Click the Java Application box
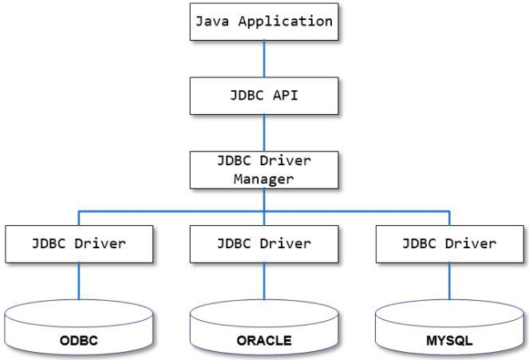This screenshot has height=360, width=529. click(x=264, y=22)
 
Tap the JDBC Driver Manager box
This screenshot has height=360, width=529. click(x=264, y=168)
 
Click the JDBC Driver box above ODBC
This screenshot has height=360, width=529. click(x=78, y=244)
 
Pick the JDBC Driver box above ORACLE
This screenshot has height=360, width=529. click(x=264, y=244)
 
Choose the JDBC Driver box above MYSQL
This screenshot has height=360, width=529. click(x=449, y=244)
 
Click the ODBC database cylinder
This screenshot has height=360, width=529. click(x=78, y=330)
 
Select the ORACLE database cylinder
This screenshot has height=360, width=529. click(x=264, y=330)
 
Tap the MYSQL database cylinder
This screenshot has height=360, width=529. click(x=449, y=330)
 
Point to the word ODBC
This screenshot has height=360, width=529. click(x=78, y=342)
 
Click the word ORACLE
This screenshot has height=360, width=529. click(x=264, y=342)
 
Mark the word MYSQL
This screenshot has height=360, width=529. click(x=449, y=342)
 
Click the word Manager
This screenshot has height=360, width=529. click(x=264, y=178)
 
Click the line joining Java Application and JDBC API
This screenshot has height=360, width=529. click(x=264, y=58)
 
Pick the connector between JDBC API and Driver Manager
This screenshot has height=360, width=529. click(x=264, y=131)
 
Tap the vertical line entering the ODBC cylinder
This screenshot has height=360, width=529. click(x=78, y=283)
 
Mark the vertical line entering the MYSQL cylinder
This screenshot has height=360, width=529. click(x=449, y=283)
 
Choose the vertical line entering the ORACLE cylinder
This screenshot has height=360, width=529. click(x=264, y=283)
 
